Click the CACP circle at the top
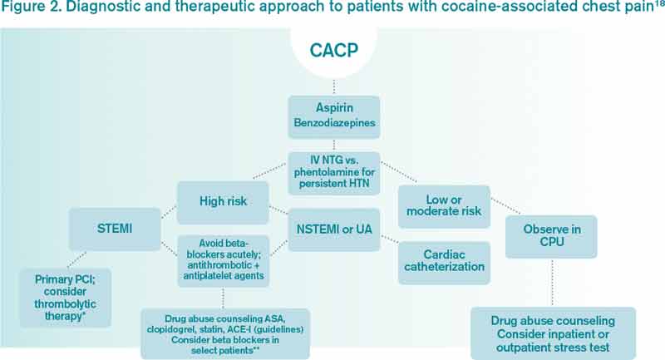pos(333,49)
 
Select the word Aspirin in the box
pos(333,110)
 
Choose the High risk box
pos(220,201)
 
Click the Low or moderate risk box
pos(444,206)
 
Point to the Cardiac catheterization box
pos(444,261)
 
